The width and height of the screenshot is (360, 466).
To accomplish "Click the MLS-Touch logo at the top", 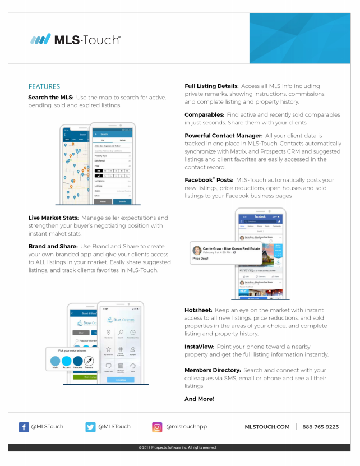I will pyautogui.click(x=76, y=39).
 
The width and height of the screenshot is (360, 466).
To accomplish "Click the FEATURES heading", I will pyautogui.click(x=44, y=86).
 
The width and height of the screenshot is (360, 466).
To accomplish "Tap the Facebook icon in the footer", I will pyautogui.click(x=24, y=427).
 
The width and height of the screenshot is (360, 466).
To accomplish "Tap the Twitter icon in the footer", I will pyautogui.click(x=91, y=427).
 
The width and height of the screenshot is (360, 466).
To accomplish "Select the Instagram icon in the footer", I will pyautogui.click(x=158, y=427).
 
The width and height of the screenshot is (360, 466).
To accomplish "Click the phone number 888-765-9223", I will pyautogui.click(x=320, y=427).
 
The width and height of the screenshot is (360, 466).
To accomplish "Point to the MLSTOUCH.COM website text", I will pyautogui.click(x=267, y=427).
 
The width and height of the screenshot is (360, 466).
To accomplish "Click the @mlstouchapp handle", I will pyautogui.click(x=186, y=427).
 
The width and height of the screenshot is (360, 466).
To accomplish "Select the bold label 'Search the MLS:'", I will pyautogui.click(x=51, y=98).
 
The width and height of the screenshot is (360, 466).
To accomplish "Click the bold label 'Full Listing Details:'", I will pyautogui.click(x=212, y=86).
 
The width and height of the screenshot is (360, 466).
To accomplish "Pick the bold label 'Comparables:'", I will pyautogui.click(x=205, y=114).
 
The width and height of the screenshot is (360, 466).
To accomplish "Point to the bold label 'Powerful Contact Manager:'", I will pyautogui.click(x=224, y=136).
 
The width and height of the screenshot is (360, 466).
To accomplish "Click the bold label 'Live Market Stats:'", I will pyautogui.click(x=54, y=218).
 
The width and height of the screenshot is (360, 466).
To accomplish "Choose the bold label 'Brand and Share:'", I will pyautogui.click(x=51, y=246).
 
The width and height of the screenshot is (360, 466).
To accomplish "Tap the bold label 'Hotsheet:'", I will pyautogui.click(x=199, y=310).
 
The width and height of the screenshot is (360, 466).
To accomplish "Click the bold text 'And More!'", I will pyautogui.click(x=199, y=399).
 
